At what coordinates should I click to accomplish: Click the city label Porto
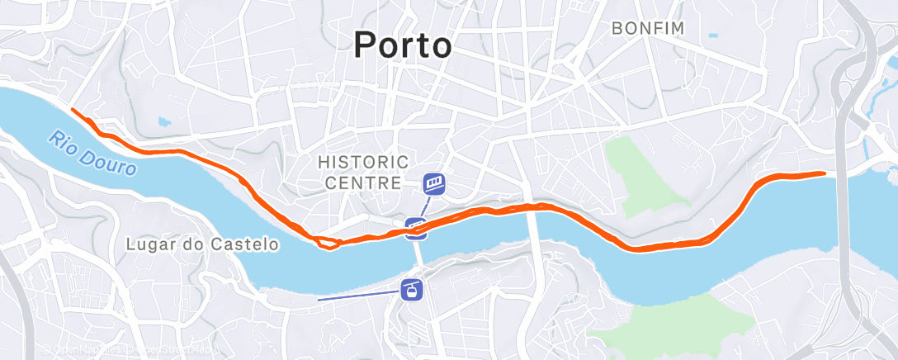click(x=403, y=45)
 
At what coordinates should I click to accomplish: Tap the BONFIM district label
click(x=648, y=28)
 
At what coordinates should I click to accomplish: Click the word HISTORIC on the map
click(x=363, y=160)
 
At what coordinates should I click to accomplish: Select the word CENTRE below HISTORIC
click(x=363, y=182)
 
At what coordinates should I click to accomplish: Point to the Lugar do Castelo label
click(x=203, y=244)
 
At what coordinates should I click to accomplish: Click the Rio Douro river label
click(x=92, y=151)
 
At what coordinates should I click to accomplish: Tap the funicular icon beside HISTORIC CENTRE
click(x=434, y=183)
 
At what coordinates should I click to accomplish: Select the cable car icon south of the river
click(x=410, y=290)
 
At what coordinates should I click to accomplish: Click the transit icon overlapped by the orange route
click(x=417, y=227)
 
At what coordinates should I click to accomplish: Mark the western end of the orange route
click(x=73, y=110)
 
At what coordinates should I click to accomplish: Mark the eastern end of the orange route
click(x=823, y=173)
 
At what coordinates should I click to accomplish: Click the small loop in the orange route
click(x=328, y=242)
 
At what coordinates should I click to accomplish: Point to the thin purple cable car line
click(x=355, y=296)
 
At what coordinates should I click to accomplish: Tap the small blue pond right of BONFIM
click(x=712, y=36)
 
